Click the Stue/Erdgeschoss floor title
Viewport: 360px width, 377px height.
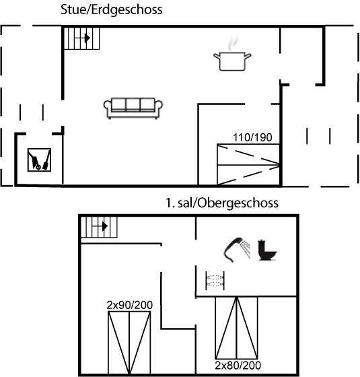point(111,10)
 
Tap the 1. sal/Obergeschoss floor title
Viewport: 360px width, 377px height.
point(222,203)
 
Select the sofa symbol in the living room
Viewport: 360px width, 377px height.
point(133,108)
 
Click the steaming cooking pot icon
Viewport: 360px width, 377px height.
point(232,53)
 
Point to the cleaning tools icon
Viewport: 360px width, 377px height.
point(39,160)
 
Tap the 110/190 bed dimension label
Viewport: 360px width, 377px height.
point(252,137)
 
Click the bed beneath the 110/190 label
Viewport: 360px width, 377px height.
point(248,164)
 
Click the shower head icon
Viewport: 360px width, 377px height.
point(237,250)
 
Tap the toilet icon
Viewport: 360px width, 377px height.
point(267,250)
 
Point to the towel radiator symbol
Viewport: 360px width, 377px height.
point(215,281)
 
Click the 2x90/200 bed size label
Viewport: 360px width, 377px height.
point(130,305)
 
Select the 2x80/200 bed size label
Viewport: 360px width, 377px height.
point(238,365)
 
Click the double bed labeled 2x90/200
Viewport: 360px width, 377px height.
point(129,343)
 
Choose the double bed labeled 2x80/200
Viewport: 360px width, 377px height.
point(236,328)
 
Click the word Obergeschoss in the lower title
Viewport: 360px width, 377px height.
point(238,203)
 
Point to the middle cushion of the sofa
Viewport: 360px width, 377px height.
point(133,104)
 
